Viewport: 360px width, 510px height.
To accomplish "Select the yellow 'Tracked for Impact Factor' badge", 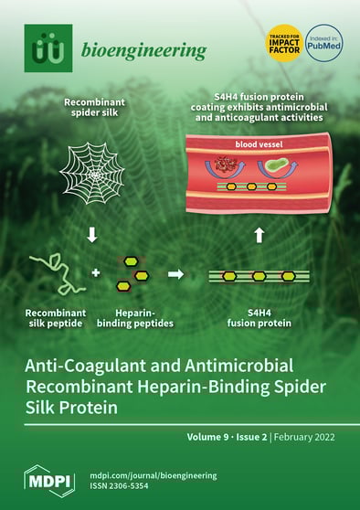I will click(x=283, y=41).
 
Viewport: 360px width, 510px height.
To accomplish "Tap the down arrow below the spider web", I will click(x=92, y=236).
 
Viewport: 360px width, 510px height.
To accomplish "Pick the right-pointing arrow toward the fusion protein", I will click(x=176, y=272).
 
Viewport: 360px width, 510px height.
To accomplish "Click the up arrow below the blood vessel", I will click(x=259, y=235).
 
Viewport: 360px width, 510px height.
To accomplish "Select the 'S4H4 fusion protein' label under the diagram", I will click(x=259, y=317).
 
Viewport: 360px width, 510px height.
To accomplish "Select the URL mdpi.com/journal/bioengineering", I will click(x=153, y=475).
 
